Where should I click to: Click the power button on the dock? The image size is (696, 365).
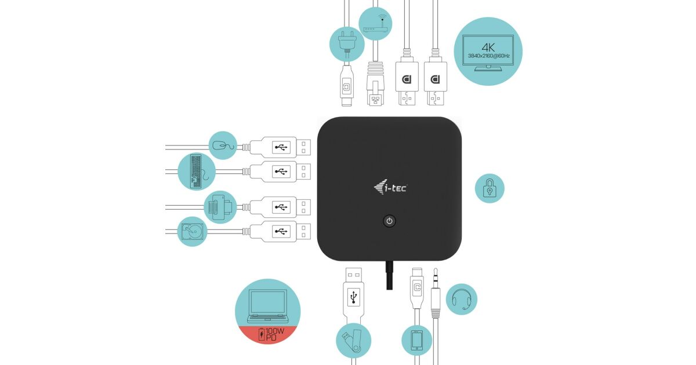click(390, 221)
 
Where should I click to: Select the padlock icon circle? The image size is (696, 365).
click(490, 188)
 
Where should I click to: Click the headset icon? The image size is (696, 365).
click(462, 299)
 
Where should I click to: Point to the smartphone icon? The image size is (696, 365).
click(417, 340)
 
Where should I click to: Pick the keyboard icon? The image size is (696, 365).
click(197, 171)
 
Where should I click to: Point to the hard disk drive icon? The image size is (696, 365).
click(192, 231)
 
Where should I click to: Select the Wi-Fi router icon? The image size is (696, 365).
click(374, 23)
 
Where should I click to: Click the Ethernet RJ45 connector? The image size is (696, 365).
click(377, 90)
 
